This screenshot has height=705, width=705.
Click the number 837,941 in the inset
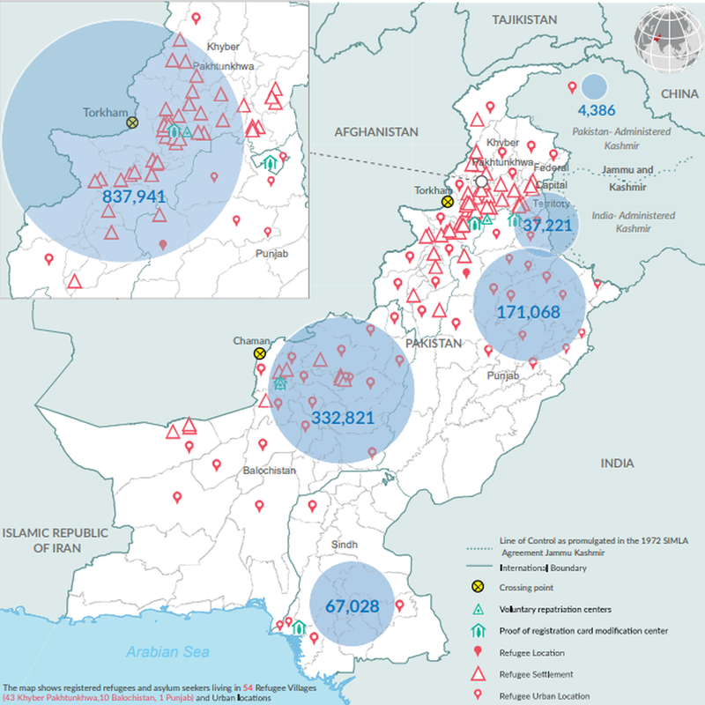click(x=135, y=196)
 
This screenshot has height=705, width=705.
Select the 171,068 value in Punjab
click(x=529, y=312)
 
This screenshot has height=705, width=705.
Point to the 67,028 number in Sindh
click(x=352, y=606)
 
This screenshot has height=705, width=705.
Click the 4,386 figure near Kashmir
click(x=596, y=110)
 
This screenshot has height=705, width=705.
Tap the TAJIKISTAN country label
click(x=526, y=19)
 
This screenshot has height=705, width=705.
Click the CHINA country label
click(x=679, y=93)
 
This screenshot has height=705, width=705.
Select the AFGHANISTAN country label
click(x=375, y=131)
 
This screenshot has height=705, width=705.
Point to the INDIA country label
click(x=617, y=463)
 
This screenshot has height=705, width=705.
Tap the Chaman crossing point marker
click(x=260, y=353)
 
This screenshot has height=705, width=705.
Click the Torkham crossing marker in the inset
click(x=132, y=123)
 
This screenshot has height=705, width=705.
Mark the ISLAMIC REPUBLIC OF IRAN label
click(x=54, y=540)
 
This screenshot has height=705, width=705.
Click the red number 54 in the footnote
click(x=249, y=686)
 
